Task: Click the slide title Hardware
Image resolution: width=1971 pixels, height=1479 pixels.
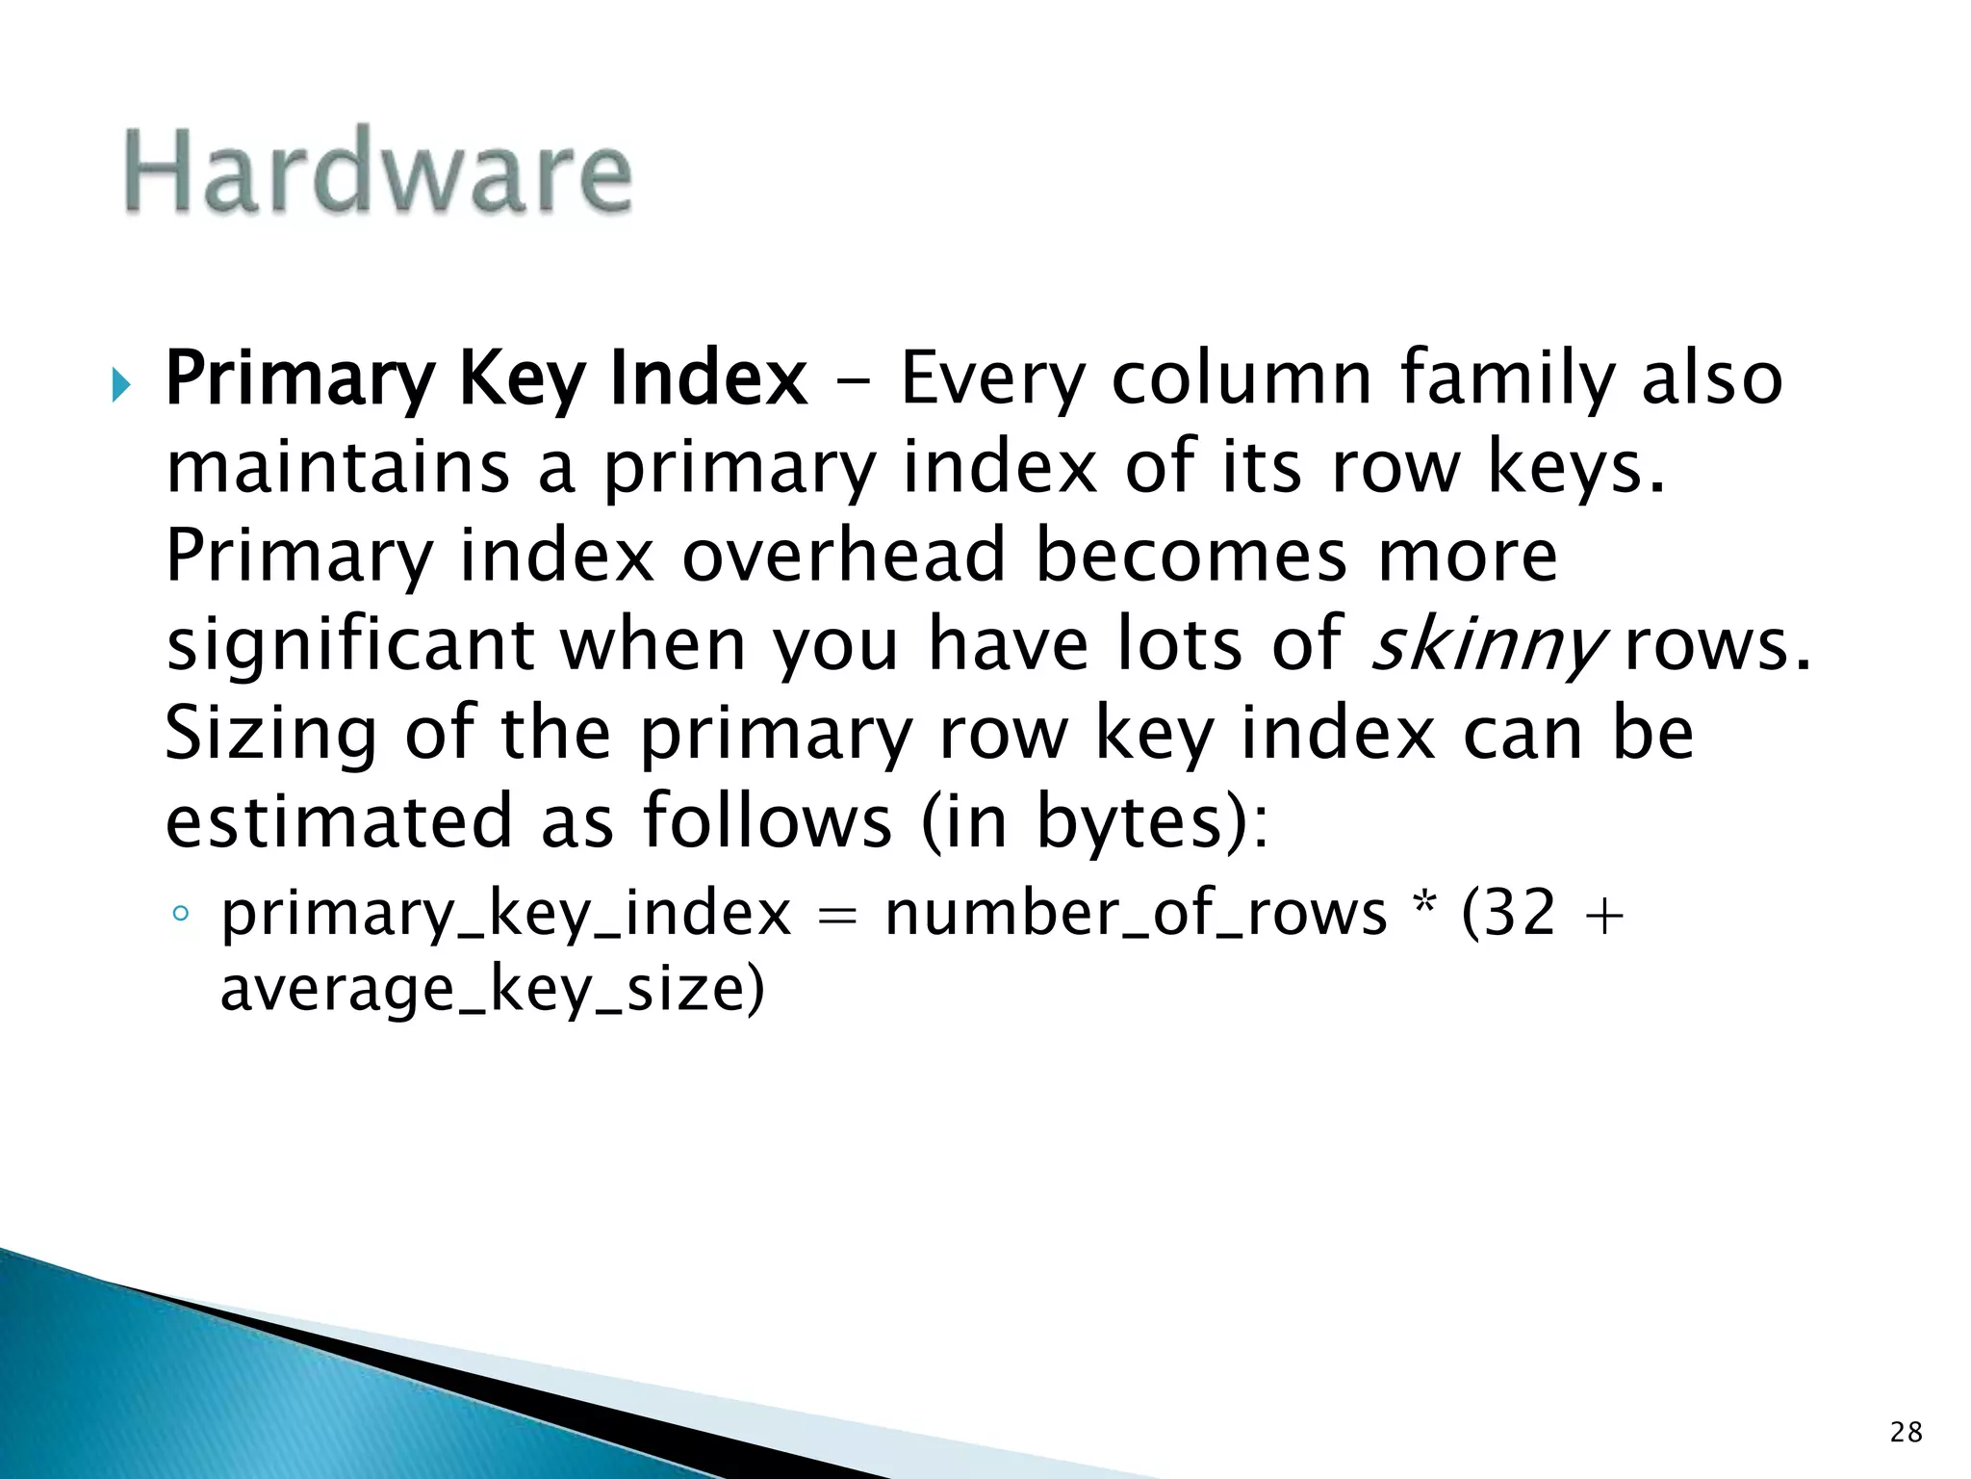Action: (x=377, y=171)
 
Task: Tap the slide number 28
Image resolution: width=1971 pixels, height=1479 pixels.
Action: (x=1906, y=1433)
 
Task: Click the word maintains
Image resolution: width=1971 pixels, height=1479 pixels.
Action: (x=338, y=467)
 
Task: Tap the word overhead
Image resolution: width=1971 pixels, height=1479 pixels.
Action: (x=843, y=556)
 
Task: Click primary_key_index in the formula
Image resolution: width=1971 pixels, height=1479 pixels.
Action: (x=505, y=914)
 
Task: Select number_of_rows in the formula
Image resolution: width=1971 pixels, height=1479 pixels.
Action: (x=1136, y=914)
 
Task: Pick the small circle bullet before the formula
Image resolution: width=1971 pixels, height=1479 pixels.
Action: (x=180, y=915)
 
